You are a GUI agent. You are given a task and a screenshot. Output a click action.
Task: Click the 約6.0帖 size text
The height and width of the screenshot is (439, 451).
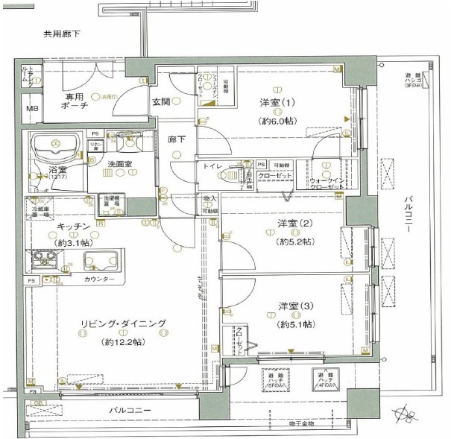(x=277, y=120)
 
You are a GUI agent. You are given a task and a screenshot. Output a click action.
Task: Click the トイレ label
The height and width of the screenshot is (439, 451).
(x=211, y=167)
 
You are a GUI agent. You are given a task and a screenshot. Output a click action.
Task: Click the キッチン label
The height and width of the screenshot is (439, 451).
(x=72, y=225)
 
